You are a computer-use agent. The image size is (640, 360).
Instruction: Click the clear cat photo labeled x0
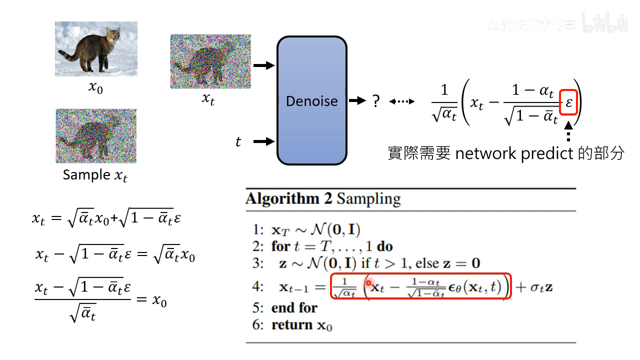tap(95, 48)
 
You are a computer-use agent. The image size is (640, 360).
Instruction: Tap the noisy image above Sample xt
tap(95, 136)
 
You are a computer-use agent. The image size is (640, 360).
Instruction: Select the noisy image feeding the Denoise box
tap(210, 61)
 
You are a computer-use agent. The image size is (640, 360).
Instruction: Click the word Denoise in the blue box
tap(311, 101)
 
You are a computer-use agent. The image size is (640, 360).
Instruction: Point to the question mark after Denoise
tap(376, 101)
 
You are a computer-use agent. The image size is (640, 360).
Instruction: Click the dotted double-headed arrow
tap(401, 102)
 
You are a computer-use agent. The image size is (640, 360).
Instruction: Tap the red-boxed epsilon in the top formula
tap(569, 103)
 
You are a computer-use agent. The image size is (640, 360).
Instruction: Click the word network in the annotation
tap(485, 153)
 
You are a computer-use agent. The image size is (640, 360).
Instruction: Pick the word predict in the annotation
tap(547, 153)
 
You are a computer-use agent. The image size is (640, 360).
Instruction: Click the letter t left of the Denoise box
tap(238, 142)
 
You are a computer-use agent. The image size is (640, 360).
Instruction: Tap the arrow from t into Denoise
tap(264, 142)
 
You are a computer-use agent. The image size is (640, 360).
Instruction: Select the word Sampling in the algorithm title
tap(368, 198)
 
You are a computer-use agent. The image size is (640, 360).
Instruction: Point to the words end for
tap(294, 307)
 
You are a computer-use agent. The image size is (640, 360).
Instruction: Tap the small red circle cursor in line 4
tap(368, 283)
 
